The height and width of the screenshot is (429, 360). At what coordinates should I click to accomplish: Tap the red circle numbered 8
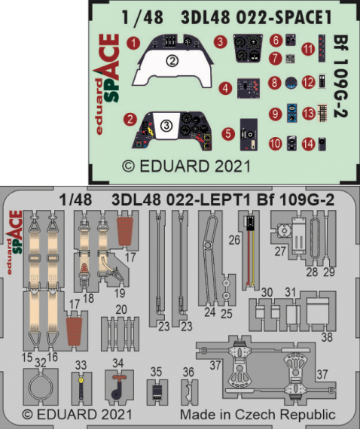coord(276,83)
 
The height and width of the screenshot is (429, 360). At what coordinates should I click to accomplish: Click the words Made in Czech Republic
coord(257,415)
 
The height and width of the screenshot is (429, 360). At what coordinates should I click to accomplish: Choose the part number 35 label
coord(155,371)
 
